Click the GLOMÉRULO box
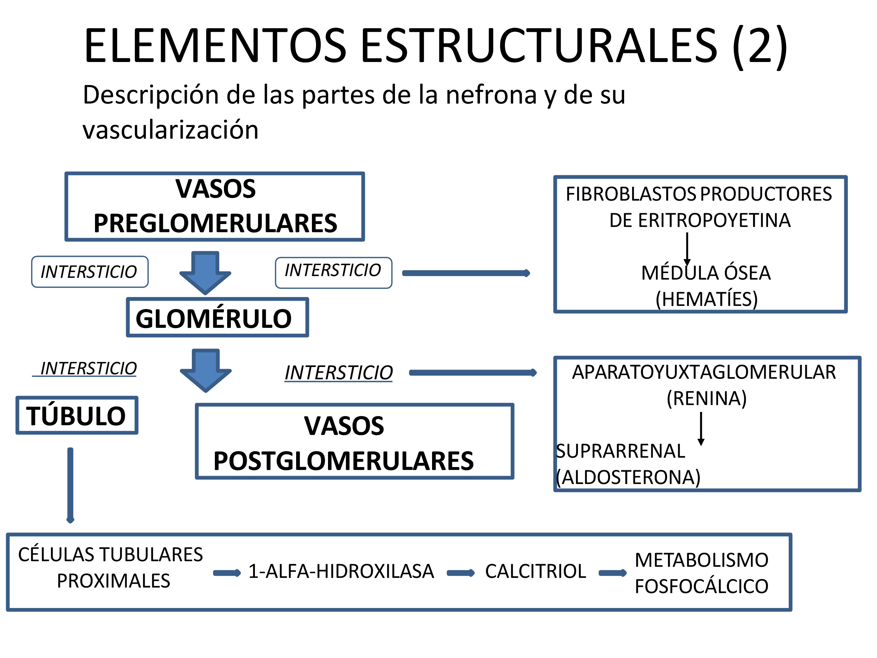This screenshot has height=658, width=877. click(217, 318)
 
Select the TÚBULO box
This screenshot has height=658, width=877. click(77, 415)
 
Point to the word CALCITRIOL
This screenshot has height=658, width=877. click(535, 571)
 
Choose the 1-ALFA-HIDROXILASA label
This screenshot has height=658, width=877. click(341, 571)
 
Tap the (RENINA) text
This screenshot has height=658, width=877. click(707, 398)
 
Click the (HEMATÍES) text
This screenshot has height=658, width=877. click(707, 299)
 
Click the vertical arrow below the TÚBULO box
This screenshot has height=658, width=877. click(70, 485)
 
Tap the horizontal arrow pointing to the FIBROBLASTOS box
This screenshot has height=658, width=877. click(466, 273)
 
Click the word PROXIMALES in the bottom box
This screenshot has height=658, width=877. click(113, 581)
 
